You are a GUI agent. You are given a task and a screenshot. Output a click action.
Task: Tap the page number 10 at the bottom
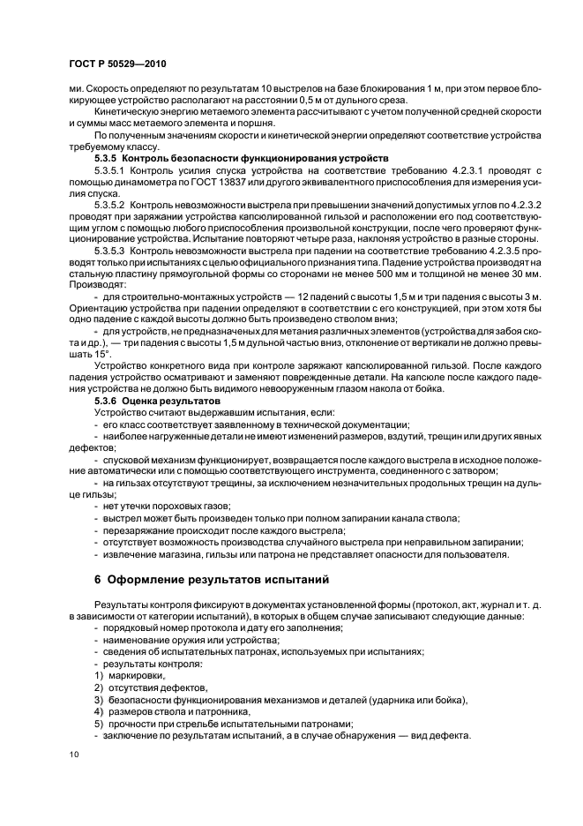(x=72, y=755)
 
